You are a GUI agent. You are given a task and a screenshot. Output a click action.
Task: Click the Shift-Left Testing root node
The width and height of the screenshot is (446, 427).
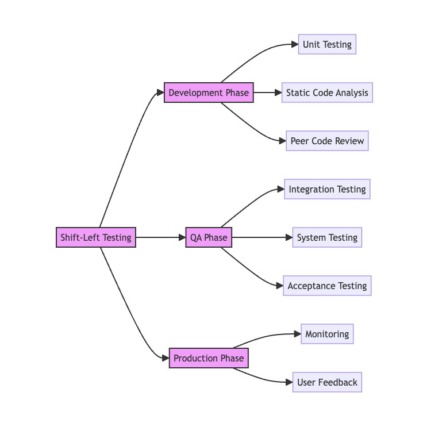pos(96,237)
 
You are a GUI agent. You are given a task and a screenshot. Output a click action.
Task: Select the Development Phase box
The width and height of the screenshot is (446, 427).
pos(209,93)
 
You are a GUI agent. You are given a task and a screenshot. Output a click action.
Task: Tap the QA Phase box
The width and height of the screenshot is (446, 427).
pos(209,237)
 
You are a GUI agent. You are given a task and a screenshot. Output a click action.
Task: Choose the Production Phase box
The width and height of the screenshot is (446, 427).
pos(209,358)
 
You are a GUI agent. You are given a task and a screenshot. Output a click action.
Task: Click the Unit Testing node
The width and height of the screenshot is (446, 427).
pos(327,44)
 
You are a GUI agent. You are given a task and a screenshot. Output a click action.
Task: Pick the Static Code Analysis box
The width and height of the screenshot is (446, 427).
pos(327,93)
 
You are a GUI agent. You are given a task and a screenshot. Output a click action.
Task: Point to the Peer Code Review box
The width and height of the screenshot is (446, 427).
pos(327,141)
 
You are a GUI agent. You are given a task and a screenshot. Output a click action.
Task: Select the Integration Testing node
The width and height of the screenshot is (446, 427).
pos(327,189)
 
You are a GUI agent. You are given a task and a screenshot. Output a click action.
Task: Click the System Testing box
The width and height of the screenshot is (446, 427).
pos(327,237)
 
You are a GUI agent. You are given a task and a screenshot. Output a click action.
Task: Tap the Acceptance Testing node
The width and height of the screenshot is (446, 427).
pos(327,286)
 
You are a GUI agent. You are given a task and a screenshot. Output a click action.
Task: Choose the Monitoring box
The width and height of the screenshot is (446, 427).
pos(327,334)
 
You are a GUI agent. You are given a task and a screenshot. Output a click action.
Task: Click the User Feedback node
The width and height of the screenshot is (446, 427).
pos(327,382)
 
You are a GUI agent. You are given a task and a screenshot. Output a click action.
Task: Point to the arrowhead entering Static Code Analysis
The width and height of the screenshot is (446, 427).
pos(278,93)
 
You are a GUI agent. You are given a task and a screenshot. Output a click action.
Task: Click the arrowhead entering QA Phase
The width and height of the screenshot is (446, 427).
pos(182,237)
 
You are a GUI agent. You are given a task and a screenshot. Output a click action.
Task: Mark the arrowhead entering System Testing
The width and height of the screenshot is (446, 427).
pos(290,237)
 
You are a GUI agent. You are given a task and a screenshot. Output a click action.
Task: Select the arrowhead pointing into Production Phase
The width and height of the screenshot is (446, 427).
pos(166,358)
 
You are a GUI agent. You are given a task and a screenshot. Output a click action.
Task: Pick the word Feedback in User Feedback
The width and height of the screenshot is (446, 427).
pos(337,382)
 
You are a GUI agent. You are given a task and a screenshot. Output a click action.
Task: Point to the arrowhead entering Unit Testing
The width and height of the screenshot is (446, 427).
pos(295,44)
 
